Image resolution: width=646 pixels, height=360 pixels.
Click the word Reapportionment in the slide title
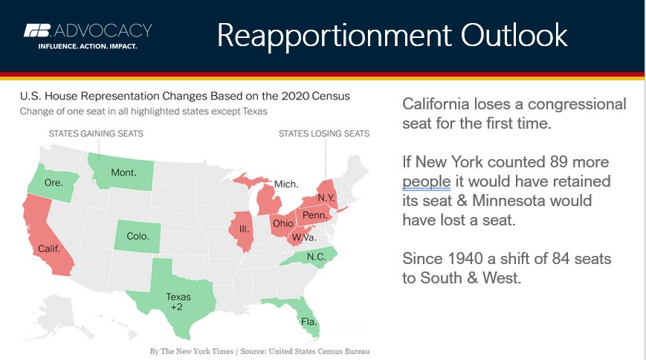tap(334, 36)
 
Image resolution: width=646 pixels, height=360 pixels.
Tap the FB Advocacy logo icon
tap(37, 30)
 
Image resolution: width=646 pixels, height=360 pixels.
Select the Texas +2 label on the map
tap(178, 302)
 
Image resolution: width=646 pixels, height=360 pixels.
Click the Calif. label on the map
tap(48, 248)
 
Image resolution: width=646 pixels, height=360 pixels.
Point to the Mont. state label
tap(123, 173)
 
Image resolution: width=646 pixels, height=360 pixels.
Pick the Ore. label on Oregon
tap(54, 182)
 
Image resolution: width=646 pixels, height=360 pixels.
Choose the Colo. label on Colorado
tap(138, 237)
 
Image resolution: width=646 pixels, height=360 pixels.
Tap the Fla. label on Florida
tap(309, 321)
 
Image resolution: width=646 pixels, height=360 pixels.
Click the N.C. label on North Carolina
tap(317, 257)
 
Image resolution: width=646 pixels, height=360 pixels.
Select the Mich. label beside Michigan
tap(286, 184)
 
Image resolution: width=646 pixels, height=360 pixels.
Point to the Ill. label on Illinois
tap(244, 229)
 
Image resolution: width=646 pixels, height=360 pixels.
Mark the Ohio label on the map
tap(283, 223)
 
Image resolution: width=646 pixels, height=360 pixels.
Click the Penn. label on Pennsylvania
tap(314, 215)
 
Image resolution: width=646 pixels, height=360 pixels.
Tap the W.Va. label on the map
tap(304, 237)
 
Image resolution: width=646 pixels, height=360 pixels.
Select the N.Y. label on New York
tap(326, 198)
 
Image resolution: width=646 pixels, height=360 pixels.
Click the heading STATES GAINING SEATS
tap(96, 134)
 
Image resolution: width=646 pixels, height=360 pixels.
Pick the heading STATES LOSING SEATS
tap(324, 134)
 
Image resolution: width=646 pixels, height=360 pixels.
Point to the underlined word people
tap(427, 181)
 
